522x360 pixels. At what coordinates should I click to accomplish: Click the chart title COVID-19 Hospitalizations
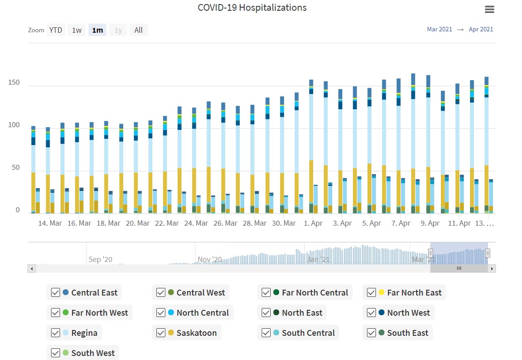point(252,8)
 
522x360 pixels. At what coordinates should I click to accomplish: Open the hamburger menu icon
point(489,9)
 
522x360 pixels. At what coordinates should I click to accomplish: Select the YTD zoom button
point(56,30)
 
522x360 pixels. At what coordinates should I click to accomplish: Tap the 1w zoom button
point(77,30)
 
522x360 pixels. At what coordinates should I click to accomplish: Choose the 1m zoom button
point(97,30)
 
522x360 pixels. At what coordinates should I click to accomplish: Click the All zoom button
point(138,30)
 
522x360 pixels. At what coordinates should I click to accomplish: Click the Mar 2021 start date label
point(439,30)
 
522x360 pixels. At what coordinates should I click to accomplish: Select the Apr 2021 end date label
point(481,30)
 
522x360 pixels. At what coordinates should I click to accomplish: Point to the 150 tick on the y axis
point(14,83)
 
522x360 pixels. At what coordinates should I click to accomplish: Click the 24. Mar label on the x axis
point(196,223)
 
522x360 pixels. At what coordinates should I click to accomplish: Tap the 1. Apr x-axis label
point(313,223)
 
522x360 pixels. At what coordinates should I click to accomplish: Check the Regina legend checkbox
point(56,333)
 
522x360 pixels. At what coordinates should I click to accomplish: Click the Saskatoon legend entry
point(196,333)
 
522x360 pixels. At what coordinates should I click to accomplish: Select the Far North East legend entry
point(414,292)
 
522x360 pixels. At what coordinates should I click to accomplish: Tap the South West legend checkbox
point(56,353)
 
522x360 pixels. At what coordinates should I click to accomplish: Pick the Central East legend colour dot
point(65,292)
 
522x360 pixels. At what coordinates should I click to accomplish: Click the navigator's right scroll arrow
point(492,269)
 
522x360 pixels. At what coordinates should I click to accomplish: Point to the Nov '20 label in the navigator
point(210,259)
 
